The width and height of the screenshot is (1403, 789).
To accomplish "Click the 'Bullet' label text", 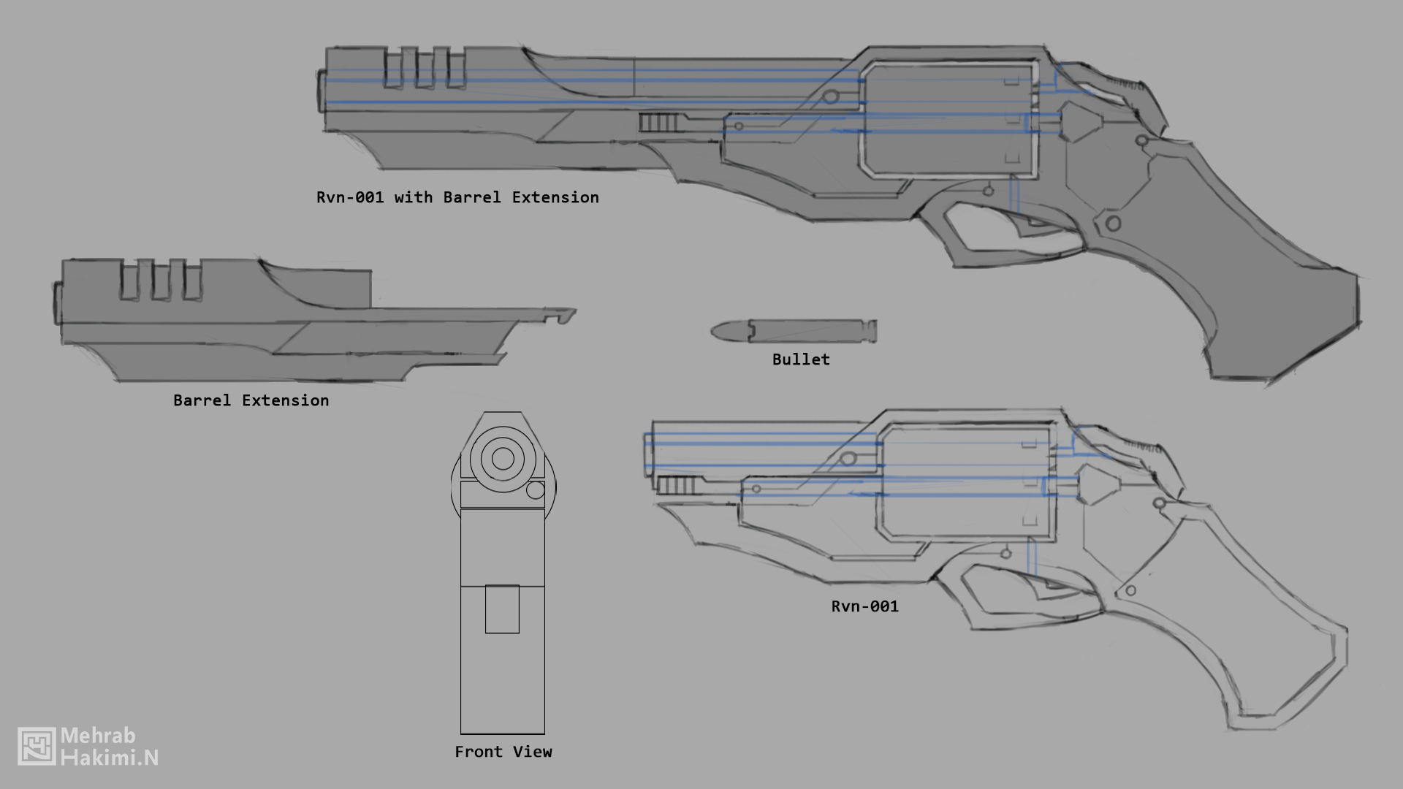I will pos(801,359).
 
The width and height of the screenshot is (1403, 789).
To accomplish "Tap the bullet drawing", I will pos(794,331).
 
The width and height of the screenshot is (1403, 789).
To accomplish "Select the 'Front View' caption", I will pos(503,752).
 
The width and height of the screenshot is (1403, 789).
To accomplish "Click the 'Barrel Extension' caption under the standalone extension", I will pos(251,400).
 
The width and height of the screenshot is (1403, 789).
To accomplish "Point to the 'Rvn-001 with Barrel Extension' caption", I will pos(457,197).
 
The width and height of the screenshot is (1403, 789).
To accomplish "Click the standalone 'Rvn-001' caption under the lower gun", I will pos(864,606).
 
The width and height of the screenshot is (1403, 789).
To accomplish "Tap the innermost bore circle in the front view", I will pos(503,459).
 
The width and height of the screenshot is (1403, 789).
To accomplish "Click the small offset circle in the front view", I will pos(536,490).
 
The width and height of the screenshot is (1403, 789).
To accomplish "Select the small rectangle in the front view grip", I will pos(502,609).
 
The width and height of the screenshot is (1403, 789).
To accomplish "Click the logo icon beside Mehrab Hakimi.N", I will pos(37,746).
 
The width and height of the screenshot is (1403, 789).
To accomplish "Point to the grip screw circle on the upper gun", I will pos(1112,224).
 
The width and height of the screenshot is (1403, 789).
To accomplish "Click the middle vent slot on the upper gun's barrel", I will pos(425,68).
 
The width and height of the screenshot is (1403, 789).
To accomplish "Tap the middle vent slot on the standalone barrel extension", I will pos(160,280).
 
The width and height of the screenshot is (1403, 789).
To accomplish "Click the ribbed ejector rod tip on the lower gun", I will pos(676,486).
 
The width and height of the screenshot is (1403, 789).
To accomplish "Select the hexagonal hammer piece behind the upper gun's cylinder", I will pos(1079,121).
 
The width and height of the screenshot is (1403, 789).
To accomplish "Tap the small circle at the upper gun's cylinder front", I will pos(830,96).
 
